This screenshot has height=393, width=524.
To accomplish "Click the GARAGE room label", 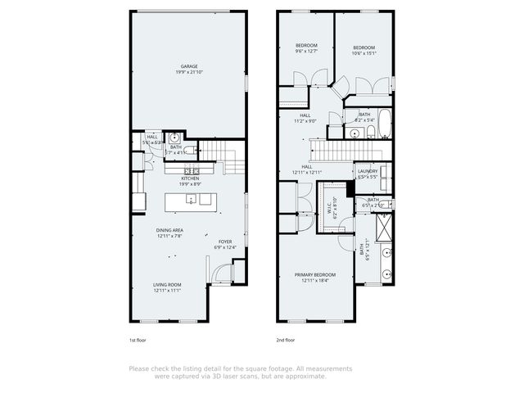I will point(190,67).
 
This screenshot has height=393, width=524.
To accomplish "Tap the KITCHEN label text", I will point(190,178).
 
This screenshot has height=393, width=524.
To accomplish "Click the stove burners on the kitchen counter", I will point(201,169).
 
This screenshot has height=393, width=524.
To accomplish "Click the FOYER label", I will point(224,242).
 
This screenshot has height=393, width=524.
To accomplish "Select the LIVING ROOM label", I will point(166,285).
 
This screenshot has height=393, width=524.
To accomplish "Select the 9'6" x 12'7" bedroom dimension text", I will point(306,52).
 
